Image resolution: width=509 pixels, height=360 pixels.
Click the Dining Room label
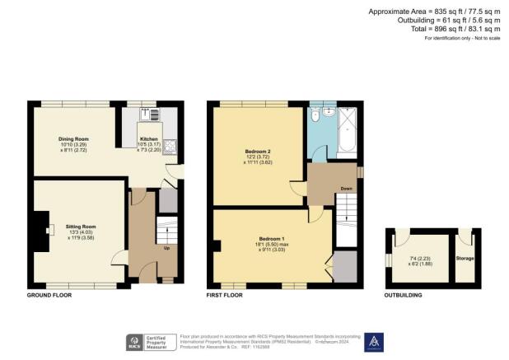(x=73, y=138)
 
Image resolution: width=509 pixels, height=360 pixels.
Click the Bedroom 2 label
(x=258, y=152)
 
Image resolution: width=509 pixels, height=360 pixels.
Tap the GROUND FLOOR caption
(x=48, y=294)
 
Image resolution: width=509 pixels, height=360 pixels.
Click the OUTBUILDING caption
(x=404, y=294)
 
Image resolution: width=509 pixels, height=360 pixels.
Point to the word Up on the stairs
(x=168, y=247)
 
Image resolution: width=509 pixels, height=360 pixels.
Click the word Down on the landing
(x=346, y=189)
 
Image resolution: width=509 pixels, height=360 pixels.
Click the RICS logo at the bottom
(x=132, y=340)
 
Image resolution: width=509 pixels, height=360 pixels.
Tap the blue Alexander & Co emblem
(x=373, y=339)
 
